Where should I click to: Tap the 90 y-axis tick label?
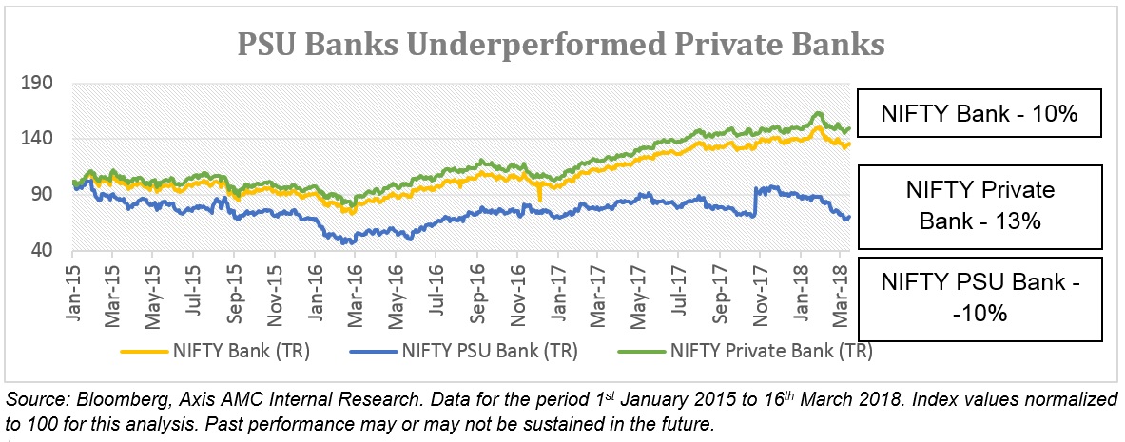[x=42, y=195]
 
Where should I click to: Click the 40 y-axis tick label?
[x=42, y=251]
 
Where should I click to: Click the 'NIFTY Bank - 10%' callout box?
[x=979, y=114]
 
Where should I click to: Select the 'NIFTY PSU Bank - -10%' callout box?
[x=979, y=297]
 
